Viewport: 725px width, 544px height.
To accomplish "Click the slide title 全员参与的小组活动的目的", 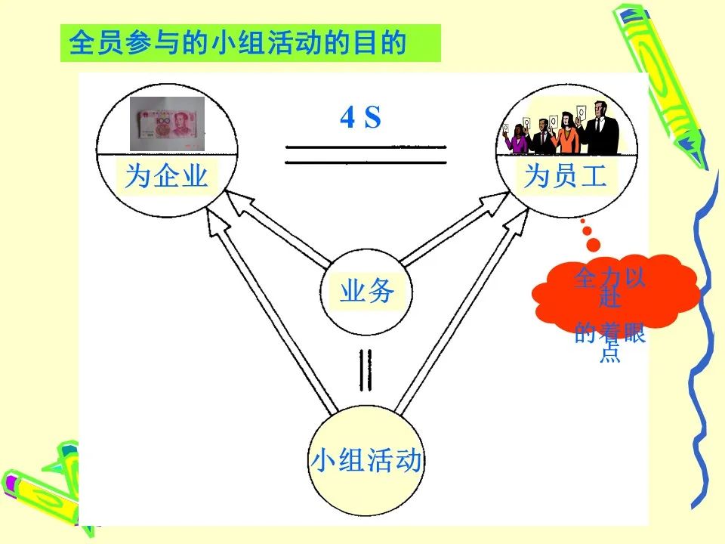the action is (x=238, y=43).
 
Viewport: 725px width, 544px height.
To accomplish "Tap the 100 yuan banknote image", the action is (x=167, y=123).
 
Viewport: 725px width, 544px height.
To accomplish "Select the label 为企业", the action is (x=166, y=176).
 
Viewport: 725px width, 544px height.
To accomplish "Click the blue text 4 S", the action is (x=361, y=117).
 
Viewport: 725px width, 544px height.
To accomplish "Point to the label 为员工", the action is (x=565, y=176).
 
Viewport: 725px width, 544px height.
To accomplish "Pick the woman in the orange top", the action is (x=568, y=133).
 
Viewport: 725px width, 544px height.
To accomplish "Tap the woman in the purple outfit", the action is (x=517, y=138).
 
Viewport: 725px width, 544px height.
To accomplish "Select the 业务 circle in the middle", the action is (x=366, y=292).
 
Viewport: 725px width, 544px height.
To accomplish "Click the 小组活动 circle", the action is (x=366, y=461).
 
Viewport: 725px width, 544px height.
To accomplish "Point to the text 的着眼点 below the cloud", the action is (x=609, y=342).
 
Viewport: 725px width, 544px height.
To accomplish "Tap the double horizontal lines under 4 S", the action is (x=366, y=155).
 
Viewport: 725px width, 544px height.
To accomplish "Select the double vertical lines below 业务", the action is (x=366, y=370).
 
